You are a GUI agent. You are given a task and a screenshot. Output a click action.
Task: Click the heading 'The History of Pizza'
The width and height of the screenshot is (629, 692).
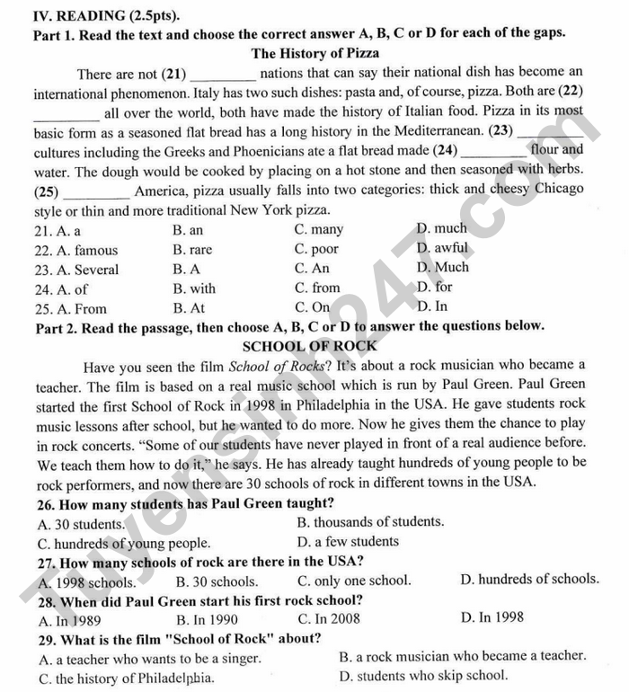(x=314, y=53)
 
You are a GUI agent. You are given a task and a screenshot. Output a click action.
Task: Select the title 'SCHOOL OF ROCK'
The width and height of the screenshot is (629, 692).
(x=310, y=346)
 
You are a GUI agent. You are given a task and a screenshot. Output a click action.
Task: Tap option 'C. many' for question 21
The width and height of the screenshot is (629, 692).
(x=318, y=230)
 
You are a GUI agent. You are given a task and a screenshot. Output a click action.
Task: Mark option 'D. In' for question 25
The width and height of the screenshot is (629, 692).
(x=432, y=306)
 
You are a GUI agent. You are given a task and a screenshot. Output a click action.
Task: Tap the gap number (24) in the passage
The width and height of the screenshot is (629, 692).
(x=445, y=150)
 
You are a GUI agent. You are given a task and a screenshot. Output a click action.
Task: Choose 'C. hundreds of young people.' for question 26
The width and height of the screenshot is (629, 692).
(x=124, y=544)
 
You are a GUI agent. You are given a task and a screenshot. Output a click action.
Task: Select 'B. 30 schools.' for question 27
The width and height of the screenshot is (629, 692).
(x=217, y=581)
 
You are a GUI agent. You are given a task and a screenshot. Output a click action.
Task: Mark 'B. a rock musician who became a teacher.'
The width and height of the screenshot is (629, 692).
(x=463, y=656)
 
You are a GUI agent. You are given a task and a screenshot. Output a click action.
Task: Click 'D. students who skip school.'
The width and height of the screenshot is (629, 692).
(x=424, y=676)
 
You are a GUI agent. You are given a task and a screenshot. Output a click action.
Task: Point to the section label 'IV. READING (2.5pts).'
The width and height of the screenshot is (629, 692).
(x=105, y=15)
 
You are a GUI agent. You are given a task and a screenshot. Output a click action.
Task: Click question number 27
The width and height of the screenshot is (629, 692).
(x=48, y=563)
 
